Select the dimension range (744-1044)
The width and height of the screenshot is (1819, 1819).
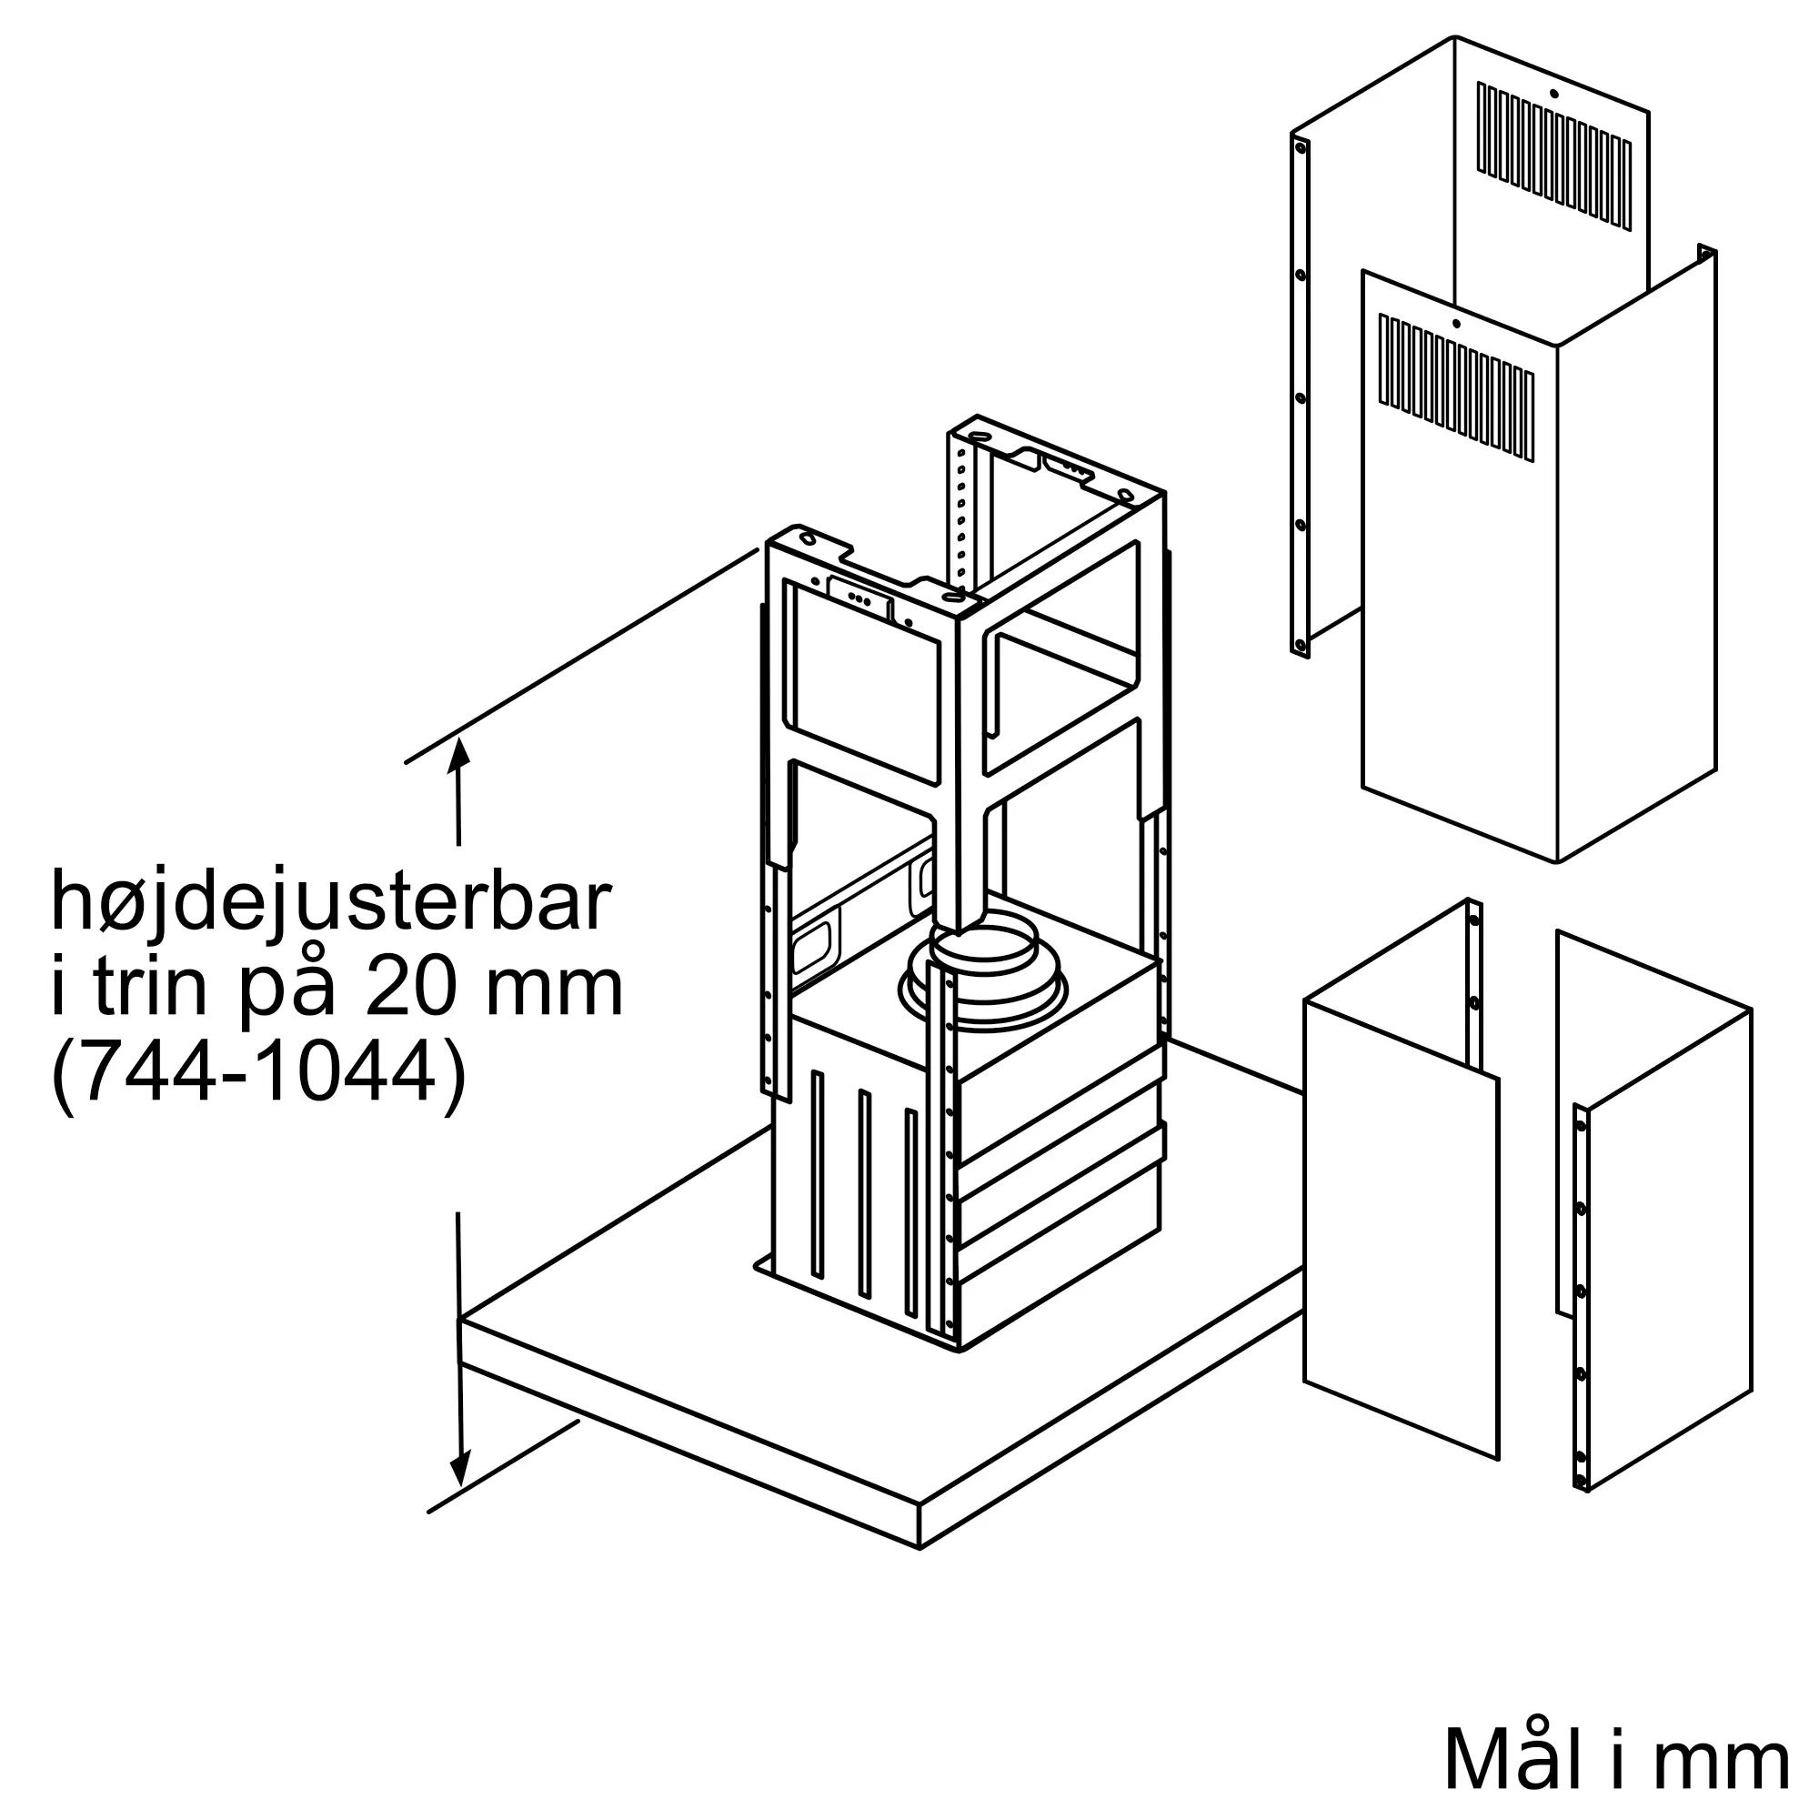pyautogui.click(x=258, y=1073)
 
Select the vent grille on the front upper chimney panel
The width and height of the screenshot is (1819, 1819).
pyautogui.click(x=1456, y=386)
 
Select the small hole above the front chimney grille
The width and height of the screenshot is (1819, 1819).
pyautogui.click(x=1455, y=324)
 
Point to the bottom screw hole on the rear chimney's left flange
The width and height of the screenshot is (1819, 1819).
pyautogui.click(x=1301, y=646)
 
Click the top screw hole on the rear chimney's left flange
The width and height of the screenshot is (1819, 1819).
pyautogui.click(x=1301, y=146)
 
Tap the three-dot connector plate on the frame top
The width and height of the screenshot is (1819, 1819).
pyautogui.click(x=859, y=598)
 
